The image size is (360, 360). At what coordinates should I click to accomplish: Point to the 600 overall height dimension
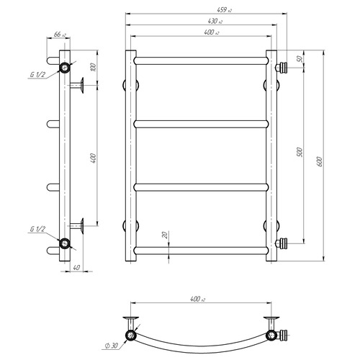coord(319,161)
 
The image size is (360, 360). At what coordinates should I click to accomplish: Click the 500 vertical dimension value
coord(300,152)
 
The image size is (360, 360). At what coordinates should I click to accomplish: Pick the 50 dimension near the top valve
coord(300,59)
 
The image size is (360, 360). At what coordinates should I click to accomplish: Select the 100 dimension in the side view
coord(94,67)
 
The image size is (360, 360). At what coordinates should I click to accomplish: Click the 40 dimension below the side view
coord(76,267)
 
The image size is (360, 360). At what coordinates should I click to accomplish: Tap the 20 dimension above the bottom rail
coord(165,235)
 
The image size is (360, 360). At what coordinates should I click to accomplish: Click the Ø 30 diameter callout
coord(112,346)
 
